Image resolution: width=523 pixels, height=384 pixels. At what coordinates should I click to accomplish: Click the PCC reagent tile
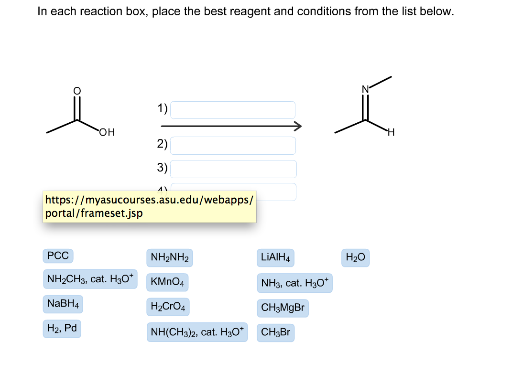[58, 256]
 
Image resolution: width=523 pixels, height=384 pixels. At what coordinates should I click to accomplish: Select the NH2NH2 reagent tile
[170, 258]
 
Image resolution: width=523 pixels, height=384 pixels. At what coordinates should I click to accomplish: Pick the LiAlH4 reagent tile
[276, 258]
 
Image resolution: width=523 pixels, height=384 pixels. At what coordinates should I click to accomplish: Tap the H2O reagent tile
[355, 258]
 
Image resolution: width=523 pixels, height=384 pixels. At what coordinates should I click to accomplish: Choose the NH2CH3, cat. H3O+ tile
[90, 279]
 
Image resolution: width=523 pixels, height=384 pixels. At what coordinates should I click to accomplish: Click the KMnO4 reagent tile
[167, 282]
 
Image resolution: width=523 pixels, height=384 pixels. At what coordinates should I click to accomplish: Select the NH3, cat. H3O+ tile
[294, 283]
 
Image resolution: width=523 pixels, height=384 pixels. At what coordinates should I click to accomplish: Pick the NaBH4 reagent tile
[63, 303]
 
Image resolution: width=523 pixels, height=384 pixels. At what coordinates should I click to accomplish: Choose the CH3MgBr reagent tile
[283, 308]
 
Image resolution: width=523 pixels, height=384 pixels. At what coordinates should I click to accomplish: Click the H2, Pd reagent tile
[62, 328]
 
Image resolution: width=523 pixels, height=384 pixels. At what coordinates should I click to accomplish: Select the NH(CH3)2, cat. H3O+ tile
[197, 332]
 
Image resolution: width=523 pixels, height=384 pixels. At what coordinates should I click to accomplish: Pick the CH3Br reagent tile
[275, 332]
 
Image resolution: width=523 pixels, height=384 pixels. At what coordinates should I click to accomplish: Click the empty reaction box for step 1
[233, 110]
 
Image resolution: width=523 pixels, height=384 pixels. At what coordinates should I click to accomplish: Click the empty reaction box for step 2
[233, 145]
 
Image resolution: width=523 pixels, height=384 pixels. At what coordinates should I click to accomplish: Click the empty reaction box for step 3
[233, 169]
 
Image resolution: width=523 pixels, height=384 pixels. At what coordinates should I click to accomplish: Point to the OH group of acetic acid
[107, 132]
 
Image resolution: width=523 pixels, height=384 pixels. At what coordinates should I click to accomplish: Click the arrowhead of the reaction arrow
[298, 126]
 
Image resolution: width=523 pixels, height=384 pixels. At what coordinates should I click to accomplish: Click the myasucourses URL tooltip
[149, 206]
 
